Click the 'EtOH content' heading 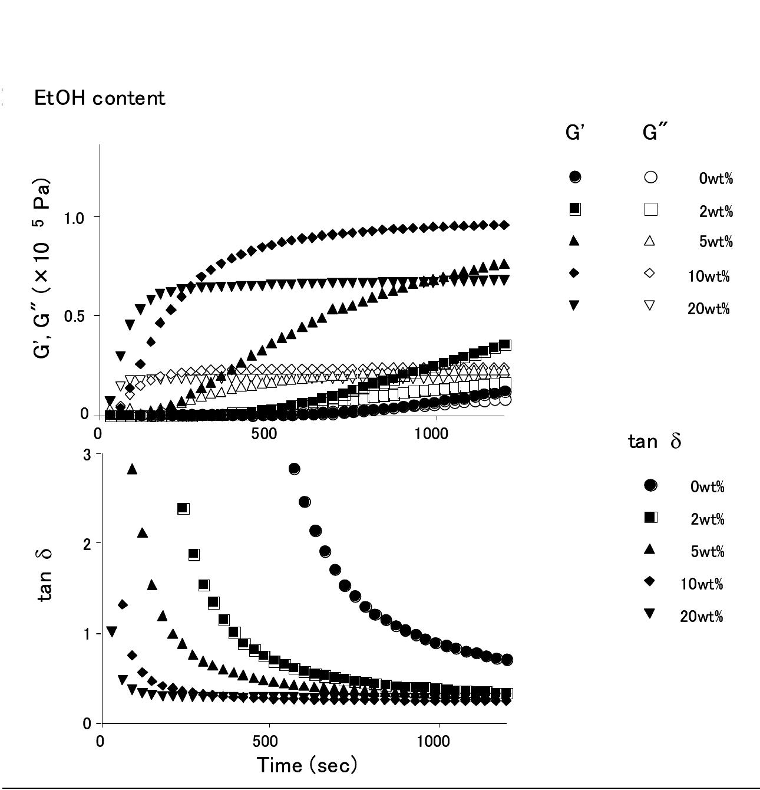pyautogui.click(x=100, y=98)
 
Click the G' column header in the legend pyautogui.click(x=573, y=132)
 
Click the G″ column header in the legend pyautogui.click(x=655, y=132)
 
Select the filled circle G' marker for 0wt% pyautogui.click(x=575, y=177)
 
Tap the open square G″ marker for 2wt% pyautogui.click(x=651, y=209)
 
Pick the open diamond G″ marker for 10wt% pyautogui.click(x=650, y=273)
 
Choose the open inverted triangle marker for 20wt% pyautogui.click(x=650, y=305)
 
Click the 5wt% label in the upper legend pyautogui.click(x=716, y=242)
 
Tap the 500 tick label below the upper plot pyautogui.click(x=264, y=434)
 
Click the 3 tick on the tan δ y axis pyautogui.click(x=87, y=455)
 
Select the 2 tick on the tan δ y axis pyautogui.click(x=87, y=544)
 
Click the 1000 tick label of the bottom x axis pyautogui.click(x=434, y=742)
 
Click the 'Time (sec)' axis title pyautogui.click(x=307, y=766)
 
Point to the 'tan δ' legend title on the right pyautogui.click(x=655, y=441)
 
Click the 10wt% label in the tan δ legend pyautogui.click(x=702, y=584)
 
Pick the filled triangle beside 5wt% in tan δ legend pyautogui.click(x=650, y=550)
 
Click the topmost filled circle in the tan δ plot pyautogui.click(x=294, y=469)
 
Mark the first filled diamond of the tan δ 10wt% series pyautogui.click(x=123, y=605)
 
